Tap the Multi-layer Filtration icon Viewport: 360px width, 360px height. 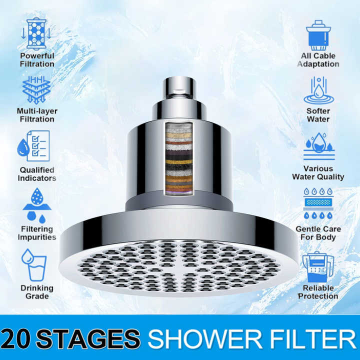point(35,89)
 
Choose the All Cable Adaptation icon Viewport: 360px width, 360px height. point(318,33)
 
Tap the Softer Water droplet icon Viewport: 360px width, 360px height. point(318,89)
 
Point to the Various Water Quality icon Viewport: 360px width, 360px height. point(318,145)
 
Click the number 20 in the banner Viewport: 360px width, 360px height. point(18,338)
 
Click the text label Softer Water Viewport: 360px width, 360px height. point(318,115)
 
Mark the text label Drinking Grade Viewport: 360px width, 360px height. point(37,292)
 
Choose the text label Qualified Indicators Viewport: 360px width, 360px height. point(37,174)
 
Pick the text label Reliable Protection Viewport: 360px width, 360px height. point(318,292)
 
